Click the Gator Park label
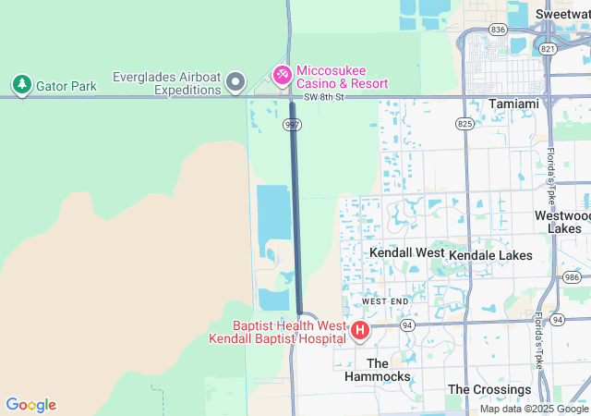click(x=66, y=86)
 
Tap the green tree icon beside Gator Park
click(x=21, y=85)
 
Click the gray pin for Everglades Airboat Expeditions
click(x=235, y=83)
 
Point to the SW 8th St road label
click(x=324, y=96)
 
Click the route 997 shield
click(x=293, y=123)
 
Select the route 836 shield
click(x=499, y=30)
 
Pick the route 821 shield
click(x=548, y=48)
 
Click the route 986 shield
click(x=573, y=276)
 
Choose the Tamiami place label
click(x=513, y=104)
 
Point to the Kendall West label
click(x=406, y=252)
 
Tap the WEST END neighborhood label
click(x=384, y=302)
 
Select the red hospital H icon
click(x=360, y=329)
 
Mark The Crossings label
click(x=489, y=389)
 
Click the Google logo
click(x=30, y=405)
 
